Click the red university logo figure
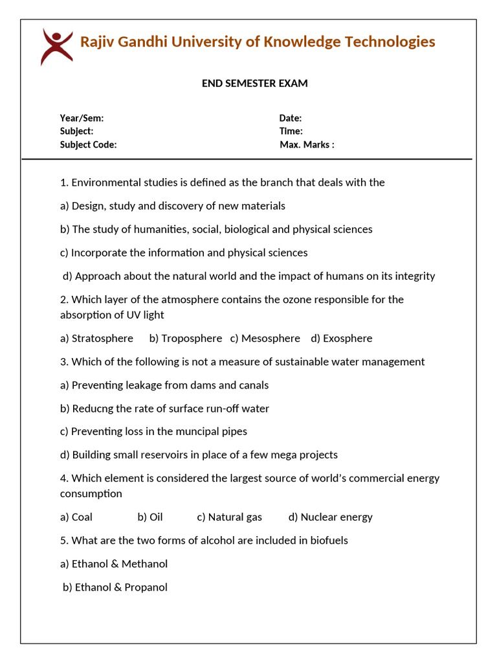point(56,46)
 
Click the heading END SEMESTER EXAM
point(254,84)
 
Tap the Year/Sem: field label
point(82,118)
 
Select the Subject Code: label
point(88,144)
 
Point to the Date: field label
point(291,118)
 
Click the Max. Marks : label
point(307,144)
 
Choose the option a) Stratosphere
point(96,338)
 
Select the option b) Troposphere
point(185,338)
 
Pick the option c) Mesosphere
point(265,338)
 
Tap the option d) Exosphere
point(342,338)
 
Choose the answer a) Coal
point(76,517)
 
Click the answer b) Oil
point(150,517)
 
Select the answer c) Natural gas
point(230,517)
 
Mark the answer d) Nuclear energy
point(331,517)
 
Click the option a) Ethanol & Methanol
point(114,563)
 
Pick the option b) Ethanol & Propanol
point(115,587)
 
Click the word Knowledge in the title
point(302,42)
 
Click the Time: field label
point(291,131)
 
